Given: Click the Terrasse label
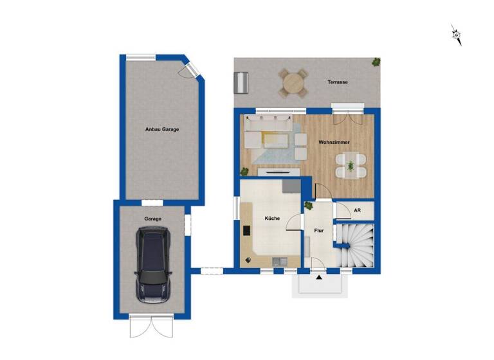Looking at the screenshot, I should tap(338, 82).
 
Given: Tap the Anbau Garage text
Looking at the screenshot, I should tap(161, 129).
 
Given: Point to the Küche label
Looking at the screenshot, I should tap(272, 219).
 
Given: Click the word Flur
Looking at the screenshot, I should tap(318, 230).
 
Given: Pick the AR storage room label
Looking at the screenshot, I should tap(356, 210).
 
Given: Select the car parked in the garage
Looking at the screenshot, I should tap(152, 264).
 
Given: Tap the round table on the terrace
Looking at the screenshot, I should tap(293, 83).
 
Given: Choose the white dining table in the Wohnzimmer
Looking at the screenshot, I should tap(351, 164).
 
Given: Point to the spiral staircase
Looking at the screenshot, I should tap(356, 245).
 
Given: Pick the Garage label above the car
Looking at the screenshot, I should tap(152, 219).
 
